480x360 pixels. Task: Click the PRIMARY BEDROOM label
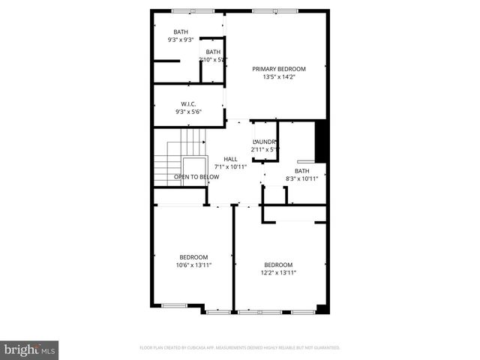click(279, 68)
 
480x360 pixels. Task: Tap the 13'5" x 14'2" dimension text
click(279, 76)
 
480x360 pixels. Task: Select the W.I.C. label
click(188, 103)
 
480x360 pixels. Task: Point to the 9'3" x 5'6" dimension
click(188, 112)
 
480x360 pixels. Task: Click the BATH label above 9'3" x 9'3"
click(181, 31)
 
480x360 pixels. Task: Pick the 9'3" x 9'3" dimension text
click(181, 40)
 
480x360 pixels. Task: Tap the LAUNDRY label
click(265, 141)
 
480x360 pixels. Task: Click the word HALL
click(230, 159)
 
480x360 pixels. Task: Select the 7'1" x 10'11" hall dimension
click(230, 166)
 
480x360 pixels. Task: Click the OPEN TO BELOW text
click(196, 177)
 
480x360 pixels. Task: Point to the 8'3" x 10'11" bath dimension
click(302, 178)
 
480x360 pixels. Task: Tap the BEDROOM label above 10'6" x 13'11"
click(193, 257)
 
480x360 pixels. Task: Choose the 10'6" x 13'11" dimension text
click(193, 265)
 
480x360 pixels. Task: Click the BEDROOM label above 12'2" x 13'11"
click(277, 265)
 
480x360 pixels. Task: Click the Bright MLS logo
click(30, 349)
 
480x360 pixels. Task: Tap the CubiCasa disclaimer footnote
click(240, 348)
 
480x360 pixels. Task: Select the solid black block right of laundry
click(321, 140)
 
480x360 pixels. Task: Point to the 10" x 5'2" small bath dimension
click(213, 60)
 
